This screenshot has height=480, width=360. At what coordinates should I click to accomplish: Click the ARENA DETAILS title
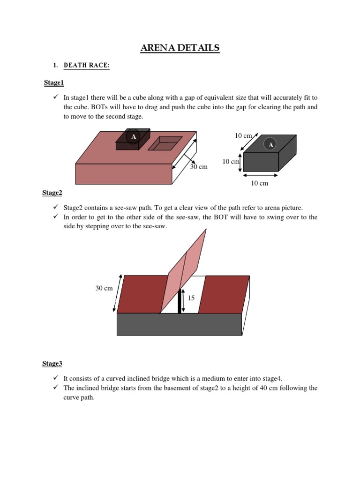[x=180, y=48]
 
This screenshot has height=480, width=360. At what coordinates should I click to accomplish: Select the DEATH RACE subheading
[x=86, y=66]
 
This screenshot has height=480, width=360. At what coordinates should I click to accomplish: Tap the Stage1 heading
[x=53, y=83]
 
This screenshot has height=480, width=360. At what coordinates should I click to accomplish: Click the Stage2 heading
[x=52, y=193]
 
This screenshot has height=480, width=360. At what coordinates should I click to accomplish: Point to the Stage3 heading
[x=52, y=363]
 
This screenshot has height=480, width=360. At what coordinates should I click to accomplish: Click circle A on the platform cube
[x=133, y=136]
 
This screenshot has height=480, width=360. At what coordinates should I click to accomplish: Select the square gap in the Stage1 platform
[x=165, y=143]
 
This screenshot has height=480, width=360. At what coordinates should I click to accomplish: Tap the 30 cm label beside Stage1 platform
[x=199, y=167]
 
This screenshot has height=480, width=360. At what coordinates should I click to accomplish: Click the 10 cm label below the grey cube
[x=260, y=183]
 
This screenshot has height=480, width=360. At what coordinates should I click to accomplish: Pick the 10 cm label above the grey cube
[x=243, y=135]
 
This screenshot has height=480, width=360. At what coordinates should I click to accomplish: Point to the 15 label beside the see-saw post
[x=191, y=298]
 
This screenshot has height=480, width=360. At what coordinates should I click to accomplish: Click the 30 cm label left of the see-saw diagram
[x=104, y=288]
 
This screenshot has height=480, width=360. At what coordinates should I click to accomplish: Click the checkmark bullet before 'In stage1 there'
[x=54, y=97]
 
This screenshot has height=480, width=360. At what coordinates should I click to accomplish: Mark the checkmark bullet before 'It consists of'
[x=54, y=378]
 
